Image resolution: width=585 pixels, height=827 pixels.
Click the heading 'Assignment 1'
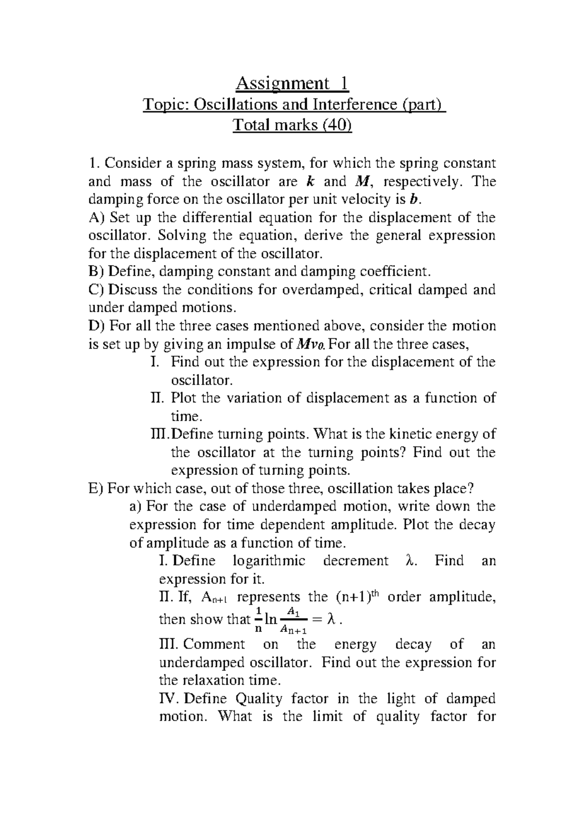pos(292,84)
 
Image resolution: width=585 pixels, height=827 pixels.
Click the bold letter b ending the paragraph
pos(414,200)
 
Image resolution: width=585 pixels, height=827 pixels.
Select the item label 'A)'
pos(96,218)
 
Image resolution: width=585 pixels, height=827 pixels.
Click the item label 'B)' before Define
pos(96,272)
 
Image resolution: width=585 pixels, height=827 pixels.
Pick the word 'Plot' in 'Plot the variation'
pos(183,398)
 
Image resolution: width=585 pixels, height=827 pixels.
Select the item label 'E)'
pos(96,489)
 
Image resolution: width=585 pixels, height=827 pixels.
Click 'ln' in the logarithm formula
pos(271,620)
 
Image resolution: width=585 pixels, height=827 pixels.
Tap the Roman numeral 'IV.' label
pos(169,699)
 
